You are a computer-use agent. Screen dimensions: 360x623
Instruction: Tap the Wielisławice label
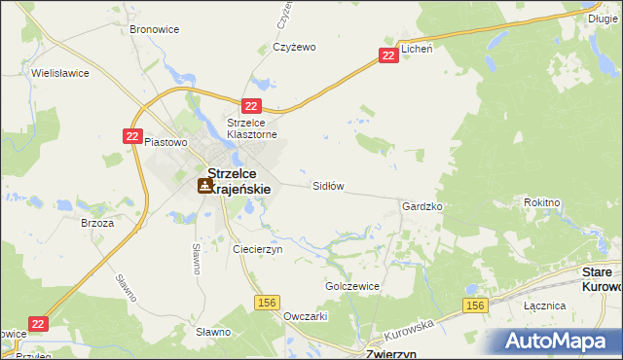pyautogui.click(x=59, y=73)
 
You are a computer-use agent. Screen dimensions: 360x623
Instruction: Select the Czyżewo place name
pyautogui.click(x=296, y=47)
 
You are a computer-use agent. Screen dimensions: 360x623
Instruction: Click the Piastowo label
pyautogui.click(x=165, y=142)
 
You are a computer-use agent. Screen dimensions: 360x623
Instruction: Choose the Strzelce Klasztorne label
pyautogui.click(x=252, y=128)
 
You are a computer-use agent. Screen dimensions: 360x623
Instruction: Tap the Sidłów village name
pyautogui.click(x=328, y=185)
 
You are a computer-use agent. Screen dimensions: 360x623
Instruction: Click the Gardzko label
pyautogui.click(x=422, y=207)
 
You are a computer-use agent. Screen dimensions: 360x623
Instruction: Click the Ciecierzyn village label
pyautogui.click(x=257, y=249)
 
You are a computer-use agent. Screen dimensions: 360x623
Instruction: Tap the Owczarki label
pyautogui.click(x=305, y=316)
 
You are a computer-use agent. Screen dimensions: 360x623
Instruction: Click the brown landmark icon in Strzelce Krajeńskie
pyautogui.click(x=205, y=185)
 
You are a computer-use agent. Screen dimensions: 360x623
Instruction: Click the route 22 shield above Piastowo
pyautogui.click(x=134, y=137)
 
